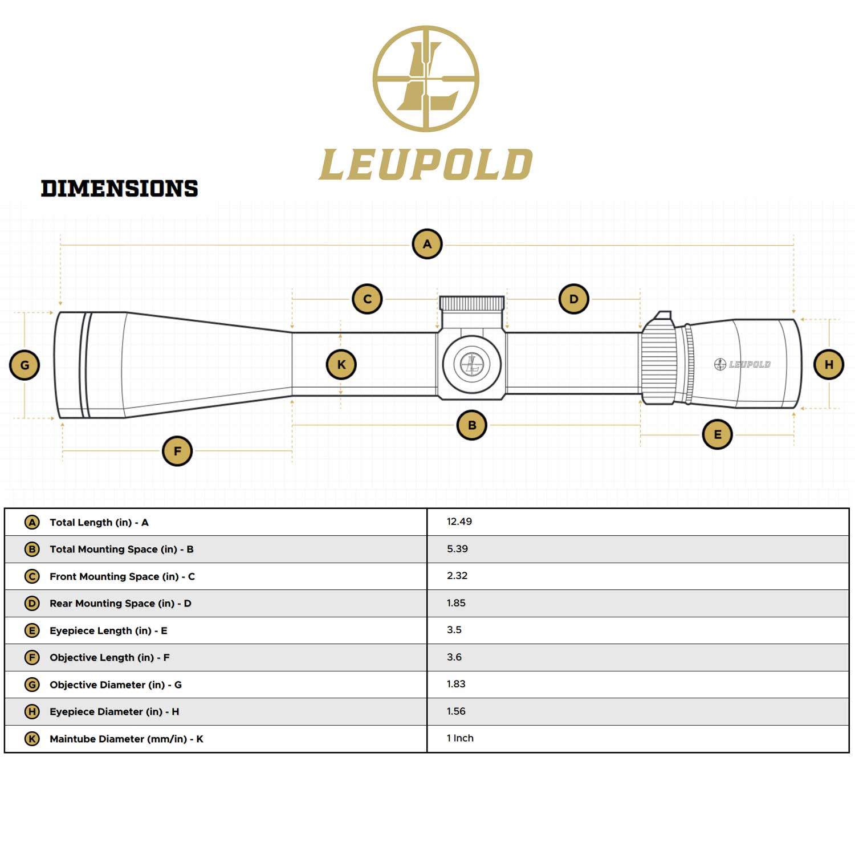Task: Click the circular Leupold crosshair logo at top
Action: click(x=426, y=79)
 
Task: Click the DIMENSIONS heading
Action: click(x=119, y=189)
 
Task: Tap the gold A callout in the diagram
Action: click(x=427, y=244)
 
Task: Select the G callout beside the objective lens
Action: click(x=25, y=365)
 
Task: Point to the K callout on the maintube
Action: click(x=341, y=364)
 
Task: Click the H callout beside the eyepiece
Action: click(x=829, y=364)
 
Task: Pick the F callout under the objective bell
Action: click(x=177, y=451)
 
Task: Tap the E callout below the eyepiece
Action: click(x=717, y=434)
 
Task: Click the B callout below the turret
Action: click(x=472, y=425)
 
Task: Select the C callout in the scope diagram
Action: click(x=367, y=299)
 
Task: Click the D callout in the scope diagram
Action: click(x=573, y=299)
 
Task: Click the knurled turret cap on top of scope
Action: click(x=472, y=303)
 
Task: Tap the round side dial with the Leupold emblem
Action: click(x=472, y=364)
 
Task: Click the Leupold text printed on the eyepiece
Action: click(x=749, y=364)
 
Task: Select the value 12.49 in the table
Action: click(x=459, y=522)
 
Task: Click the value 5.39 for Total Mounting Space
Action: click(x=457, y=549)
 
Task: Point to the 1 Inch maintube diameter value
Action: click(x=460, y=738)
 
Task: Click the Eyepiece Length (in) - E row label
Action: click(x=108, y=630)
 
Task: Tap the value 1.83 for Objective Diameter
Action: click(x=456, y=684)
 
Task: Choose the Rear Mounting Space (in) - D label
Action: click(x=120, y=603)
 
